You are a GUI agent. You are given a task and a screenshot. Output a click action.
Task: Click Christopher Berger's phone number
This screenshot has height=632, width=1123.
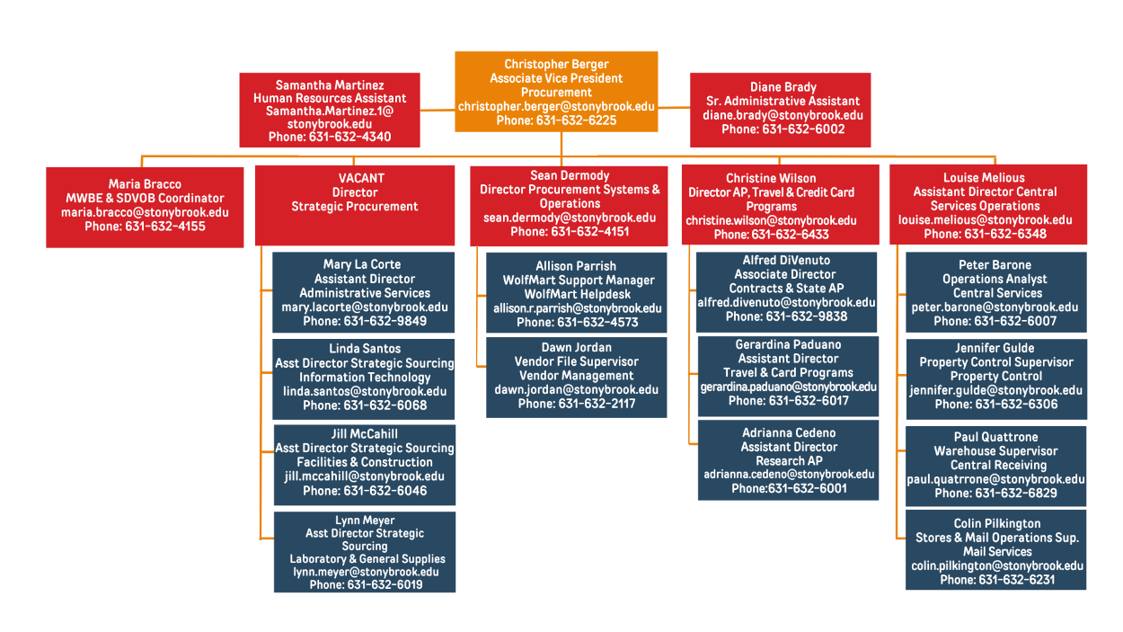(x=556, y=120)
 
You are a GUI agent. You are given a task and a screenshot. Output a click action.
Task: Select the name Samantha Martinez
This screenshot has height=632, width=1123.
(x=330, y=85)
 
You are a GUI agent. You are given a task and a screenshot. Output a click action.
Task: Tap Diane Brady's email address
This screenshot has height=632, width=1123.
(x=783, y=115)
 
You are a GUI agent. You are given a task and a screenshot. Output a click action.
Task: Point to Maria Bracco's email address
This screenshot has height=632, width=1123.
(x=145, y=213)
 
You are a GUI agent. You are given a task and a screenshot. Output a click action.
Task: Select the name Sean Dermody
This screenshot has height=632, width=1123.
(x=570, y=175)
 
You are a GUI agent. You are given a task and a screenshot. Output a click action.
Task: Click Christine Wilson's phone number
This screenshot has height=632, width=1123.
(x=771, y=235)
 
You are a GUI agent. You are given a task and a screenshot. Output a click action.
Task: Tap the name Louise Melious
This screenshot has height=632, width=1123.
(x=984, y=178)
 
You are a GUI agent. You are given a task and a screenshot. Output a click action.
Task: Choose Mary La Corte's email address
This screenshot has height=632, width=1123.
(x=364, y=307)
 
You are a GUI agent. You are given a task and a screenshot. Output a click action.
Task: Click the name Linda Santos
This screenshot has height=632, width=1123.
(x=365, y=349)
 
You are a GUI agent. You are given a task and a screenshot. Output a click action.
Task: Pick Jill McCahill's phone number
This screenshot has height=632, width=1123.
(x=365, y=491)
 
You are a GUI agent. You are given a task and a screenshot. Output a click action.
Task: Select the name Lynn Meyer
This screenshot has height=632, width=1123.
(x=365, y=521)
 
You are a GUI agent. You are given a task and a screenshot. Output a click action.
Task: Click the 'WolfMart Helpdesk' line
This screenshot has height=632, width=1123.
(x=577, y=294)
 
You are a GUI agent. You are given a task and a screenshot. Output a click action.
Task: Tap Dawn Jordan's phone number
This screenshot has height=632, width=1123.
(x=577, y=404)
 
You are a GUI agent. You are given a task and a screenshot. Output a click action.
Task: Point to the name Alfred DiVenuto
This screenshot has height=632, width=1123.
(x=786, y=261)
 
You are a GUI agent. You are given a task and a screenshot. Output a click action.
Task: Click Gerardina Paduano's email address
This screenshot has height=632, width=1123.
(x=788, y=387)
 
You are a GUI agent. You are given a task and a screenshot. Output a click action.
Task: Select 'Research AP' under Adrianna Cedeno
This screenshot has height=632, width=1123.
(x=789, y=461)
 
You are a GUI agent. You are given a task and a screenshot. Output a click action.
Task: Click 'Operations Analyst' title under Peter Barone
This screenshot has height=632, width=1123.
(x=995, y=280)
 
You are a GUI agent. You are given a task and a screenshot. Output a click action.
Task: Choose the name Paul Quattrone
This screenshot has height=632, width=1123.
(x=995, y=437)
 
